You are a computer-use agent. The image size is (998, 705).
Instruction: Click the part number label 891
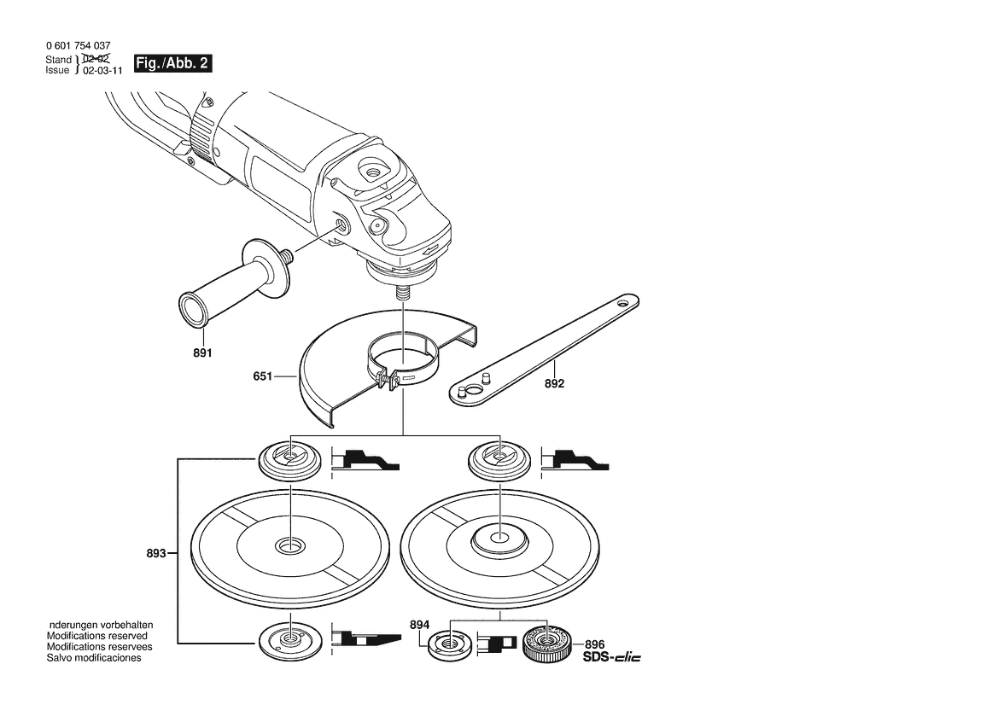[201, 352]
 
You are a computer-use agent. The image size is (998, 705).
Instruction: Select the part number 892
[554, 384]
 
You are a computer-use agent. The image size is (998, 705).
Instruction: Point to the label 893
[155, 553]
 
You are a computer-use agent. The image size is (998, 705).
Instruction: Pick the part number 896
[595, 644]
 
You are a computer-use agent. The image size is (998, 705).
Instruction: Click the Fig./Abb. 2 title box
[172, 64]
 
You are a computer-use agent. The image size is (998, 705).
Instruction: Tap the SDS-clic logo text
[610, 657]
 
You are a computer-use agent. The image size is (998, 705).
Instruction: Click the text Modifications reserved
[96, 636]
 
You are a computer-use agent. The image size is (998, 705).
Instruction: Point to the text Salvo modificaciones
[94, 658]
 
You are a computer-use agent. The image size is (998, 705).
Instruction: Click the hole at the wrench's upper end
[624, 301]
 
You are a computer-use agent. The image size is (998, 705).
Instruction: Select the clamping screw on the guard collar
[388, 381]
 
